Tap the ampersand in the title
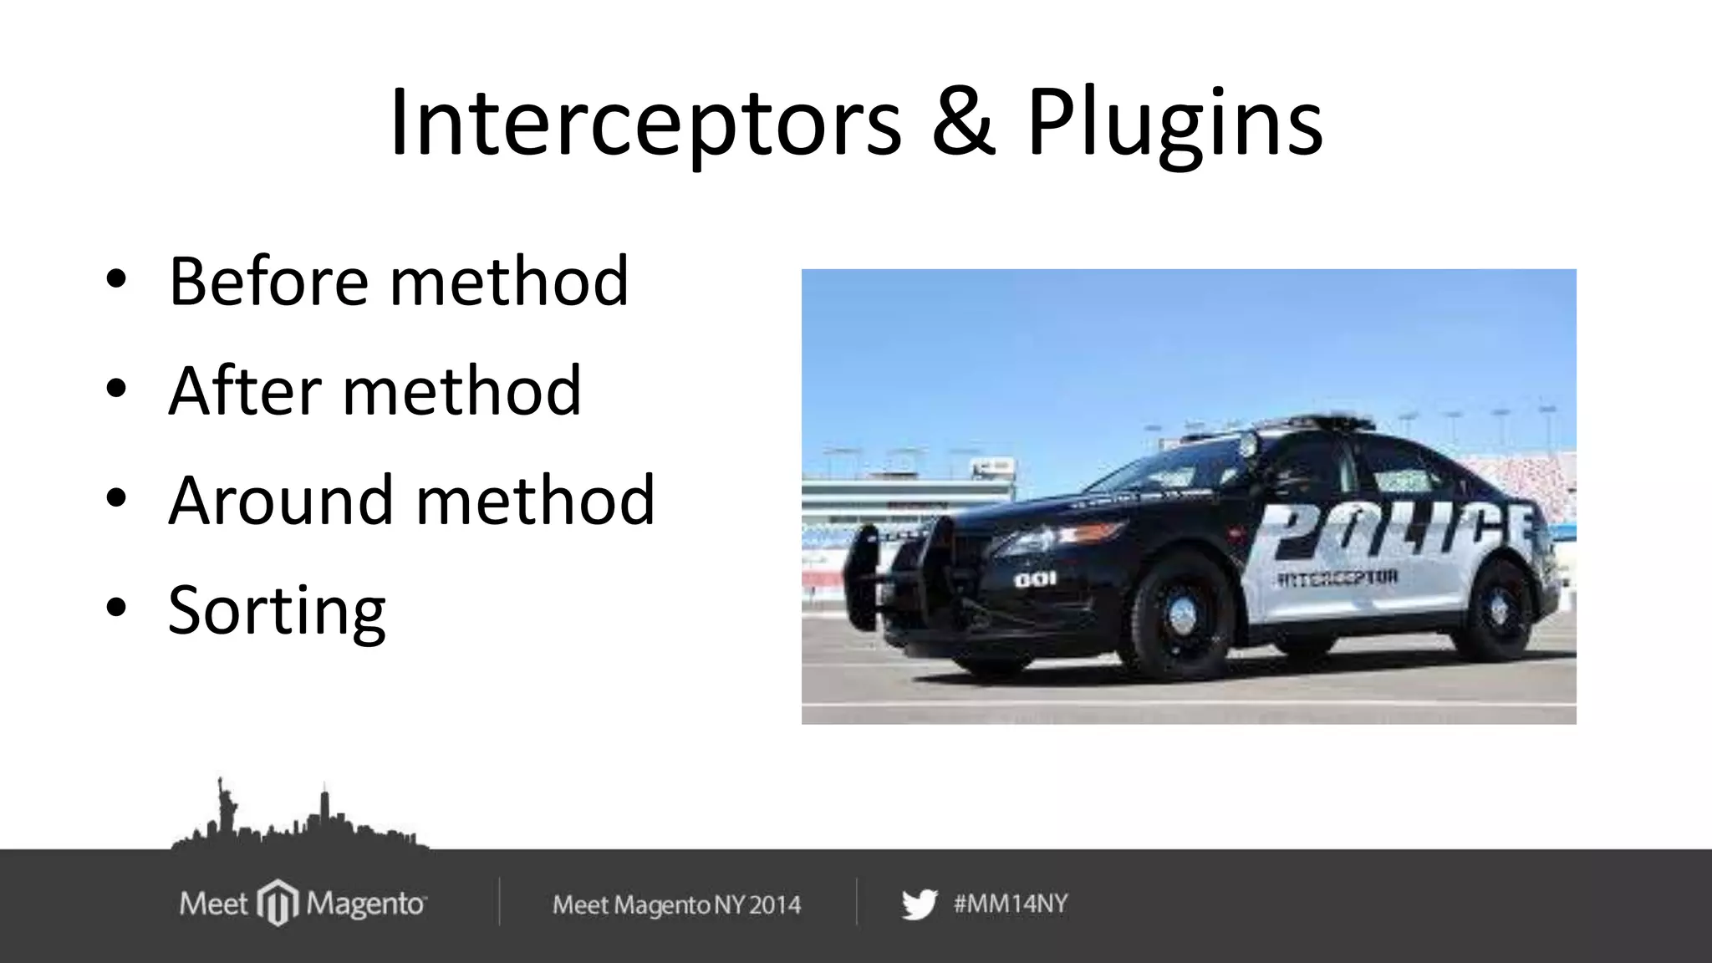[x=963, y=123]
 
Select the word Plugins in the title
[x=1174, y=125]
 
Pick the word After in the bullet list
[x=245, y=390]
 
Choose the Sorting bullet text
[x=277, y=611]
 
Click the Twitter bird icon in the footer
[x=919, y=904]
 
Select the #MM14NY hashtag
[x=1011, y=904]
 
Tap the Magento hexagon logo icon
[x=278, y=903]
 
